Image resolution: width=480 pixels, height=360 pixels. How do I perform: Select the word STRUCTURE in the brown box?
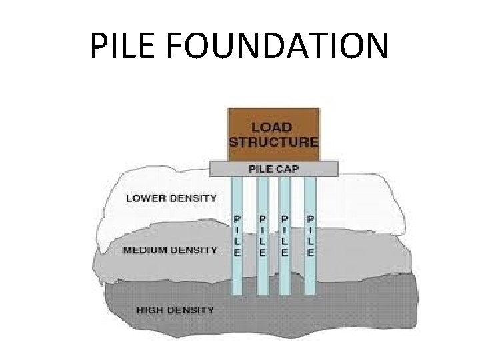274,141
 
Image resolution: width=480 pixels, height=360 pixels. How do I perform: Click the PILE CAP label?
274,168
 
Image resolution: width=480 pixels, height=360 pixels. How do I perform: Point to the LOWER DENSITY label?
171,198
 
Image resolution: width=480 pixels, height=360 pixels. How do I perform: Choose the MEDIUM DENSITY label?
171,250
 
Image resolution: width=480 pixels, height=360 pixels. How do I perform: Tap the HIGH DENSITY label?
175,309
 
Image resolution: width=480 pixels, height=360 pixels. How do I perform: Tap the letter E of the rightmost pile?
310,253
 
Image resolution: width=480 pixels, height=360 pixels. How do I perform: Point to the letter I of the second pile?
263,229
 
